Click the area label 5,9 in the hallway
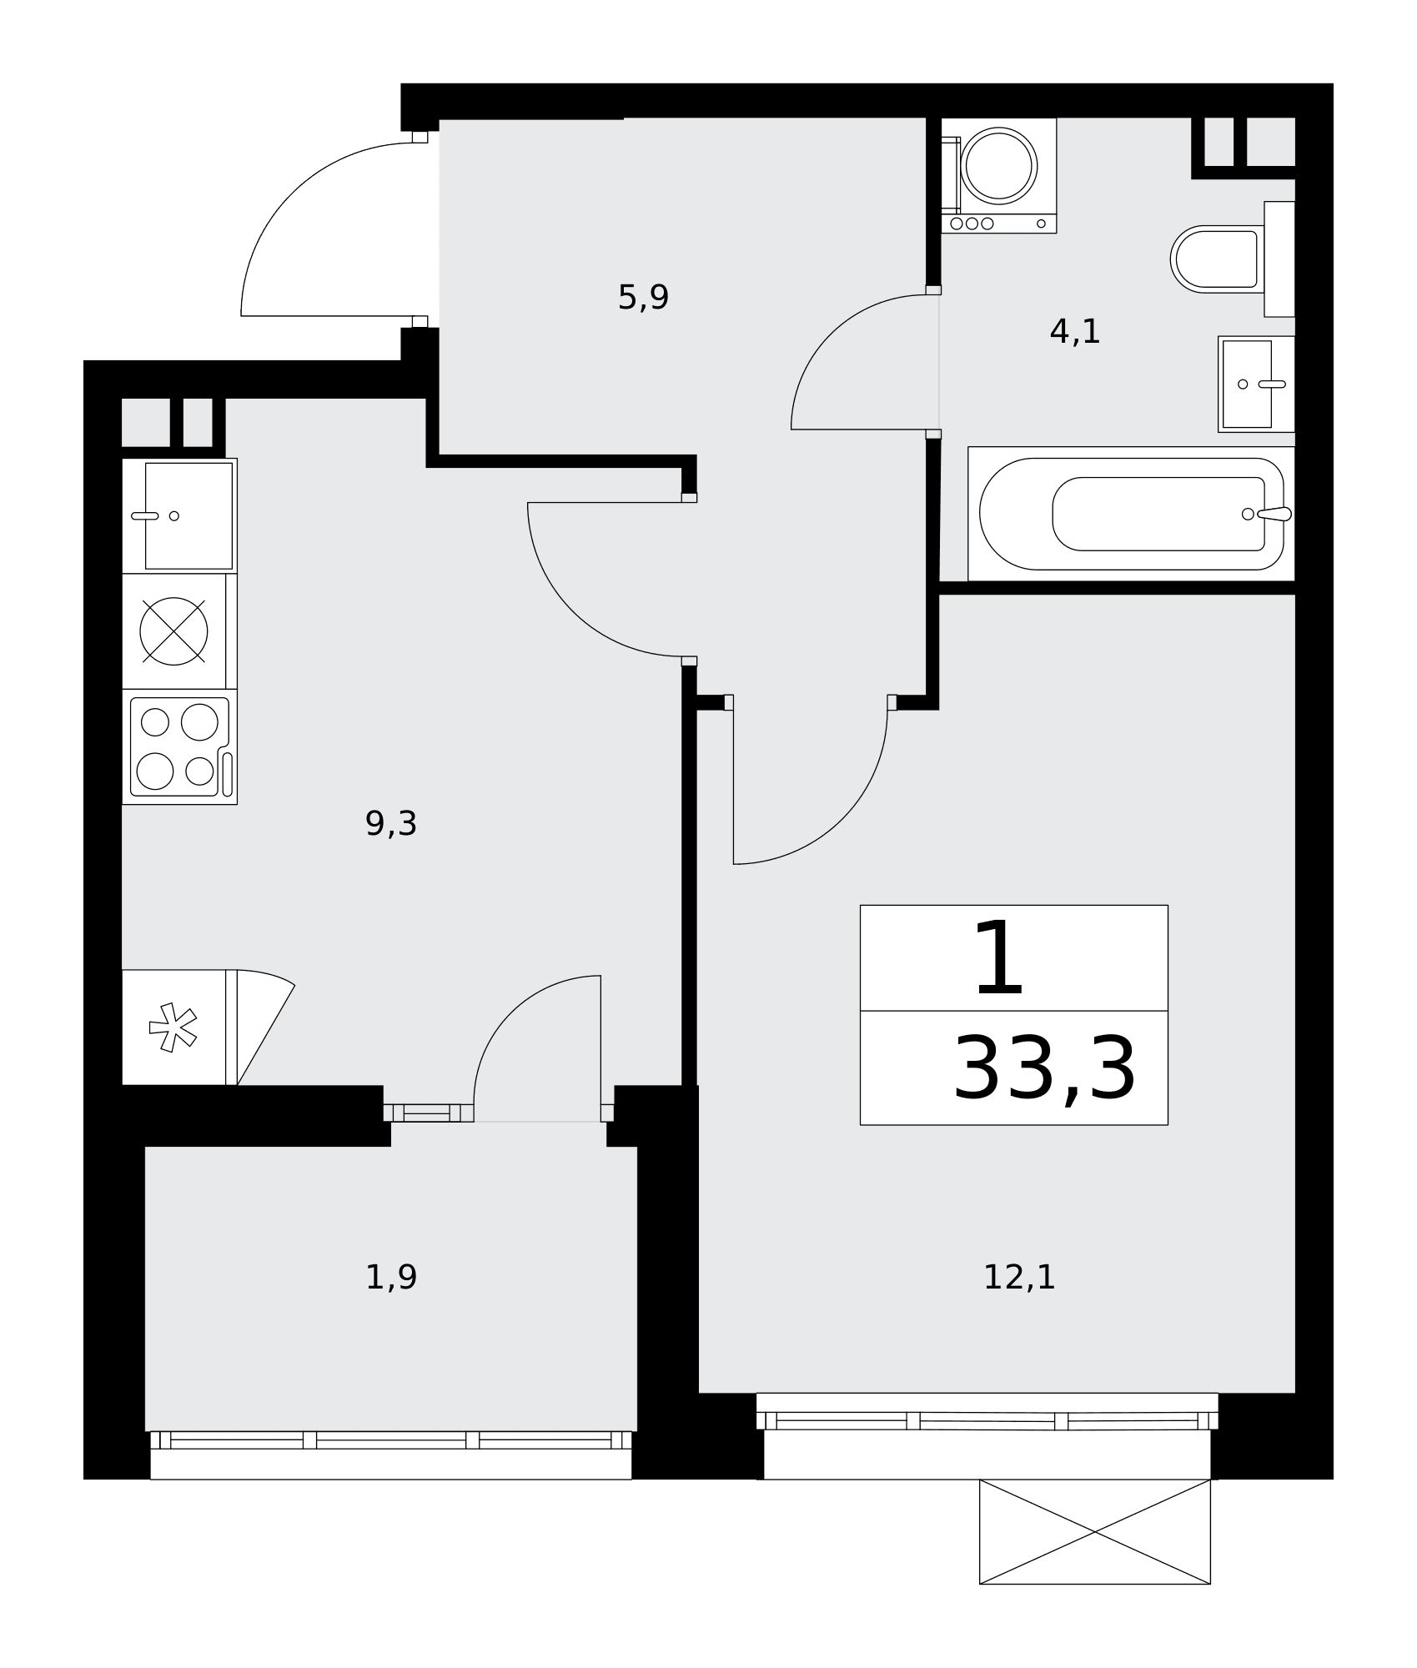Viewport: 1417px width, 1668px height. pos(643,297)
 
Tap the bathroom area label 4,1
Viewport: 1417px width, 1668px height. pos(1074,332)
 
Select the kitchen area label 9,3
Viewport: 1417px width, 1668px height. pos(390,824)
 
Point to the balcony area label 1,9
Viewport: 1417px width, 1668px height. pos(390,1277)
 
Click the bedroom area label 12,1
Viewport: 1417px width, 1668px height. pos(1019,1277)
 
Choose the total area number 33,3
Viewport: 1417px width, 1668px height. pos(1044,1068)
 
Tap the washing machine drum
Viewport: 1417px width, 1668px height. pos(998,164)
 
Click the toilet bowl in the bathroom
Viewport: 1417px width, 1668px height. pos(1217,259)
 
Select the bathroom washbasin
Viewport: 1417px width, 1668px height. pos(1255,384)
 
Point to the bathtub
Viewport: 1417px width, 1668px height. pos(1131,514)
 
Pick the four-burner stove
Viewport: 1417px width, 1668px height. pos(179,746)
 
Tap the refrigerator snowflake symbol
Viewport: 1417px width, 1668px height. pos(172,1027)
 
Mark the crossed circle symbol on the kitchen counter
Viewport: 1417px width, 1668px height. pos(173,631)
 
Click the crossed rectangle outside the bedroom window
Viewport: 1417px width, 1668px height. pos(1094,1531)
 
